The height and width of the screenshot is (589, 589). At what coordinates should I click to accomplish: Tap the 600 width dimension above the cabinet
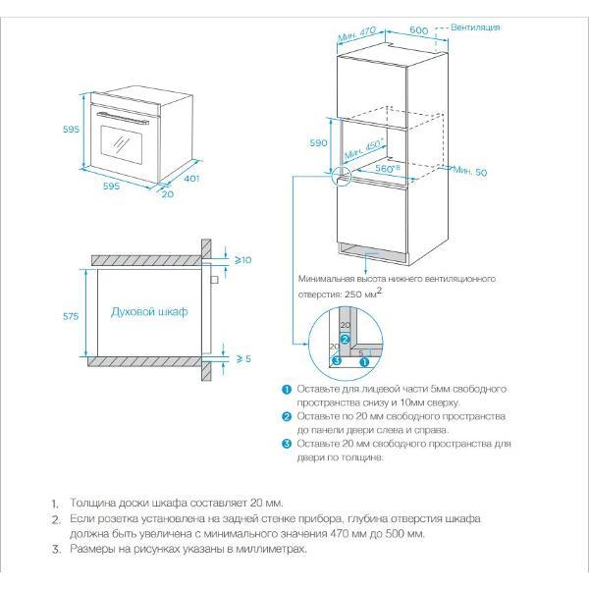coord(418,30)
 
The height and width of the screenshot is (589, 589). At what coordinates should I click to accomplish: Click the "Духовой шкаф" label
coord(148,311)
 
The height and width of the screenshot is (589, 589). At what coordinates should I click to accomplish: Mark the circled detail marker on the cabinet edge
coord(340,177)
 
